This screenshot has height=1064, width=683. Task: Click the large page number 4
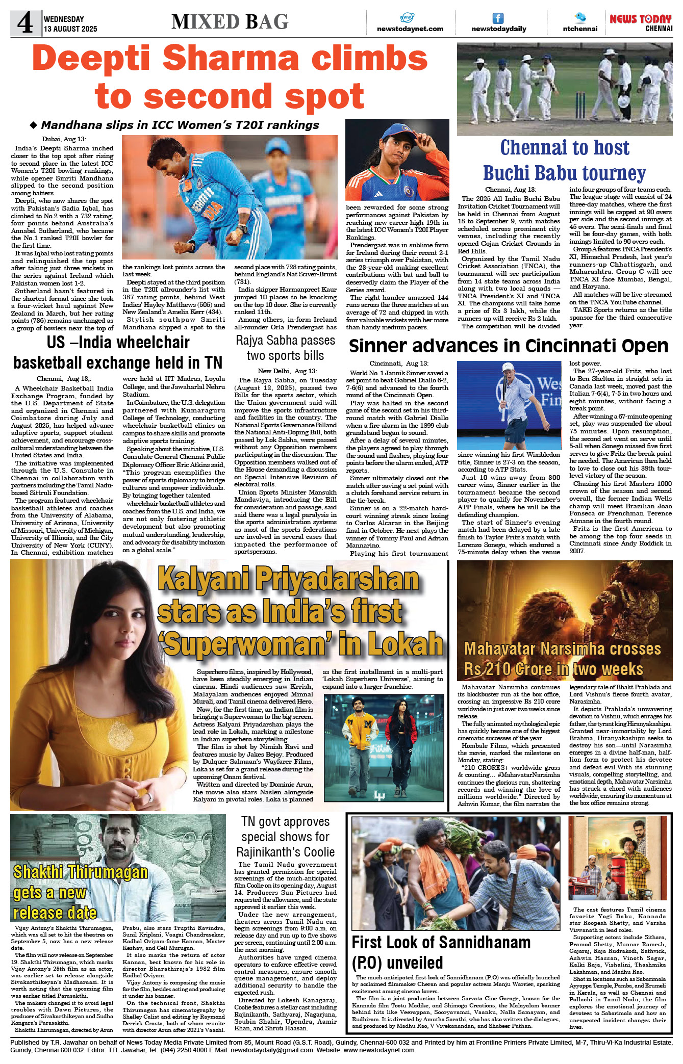[x=24, y=23]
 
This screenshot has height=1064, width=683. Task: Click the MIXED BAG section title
[x=230, y=22]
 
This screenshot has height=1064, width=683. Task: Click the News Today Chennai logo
[x=641, y=22]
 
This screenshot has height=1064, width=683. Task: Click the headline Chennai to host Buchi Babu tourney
[x=565, y=160]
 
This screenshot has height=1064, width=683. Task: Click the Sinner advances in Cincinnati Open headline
[x=508, y=346]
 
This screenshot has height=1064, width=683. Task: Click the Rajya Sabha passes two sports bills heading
[x=285, y=348]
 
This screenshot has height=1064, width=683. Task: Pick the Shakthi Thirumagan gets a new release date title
[x=80, y=892]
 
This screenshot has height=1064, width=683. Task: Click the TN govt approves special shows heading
[x=285, y=837]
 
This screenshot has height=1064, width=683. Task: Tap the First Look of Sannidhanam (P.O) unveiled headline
[x=441, y=952]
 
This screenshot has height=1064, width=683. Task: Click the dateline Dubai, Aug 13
[x=64, y=139]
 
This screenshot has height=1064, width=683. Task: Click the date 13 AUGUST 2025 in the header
[x=70, y=29]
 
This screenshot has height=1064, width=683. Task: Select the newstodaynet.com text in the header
[x=410, y=29]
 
